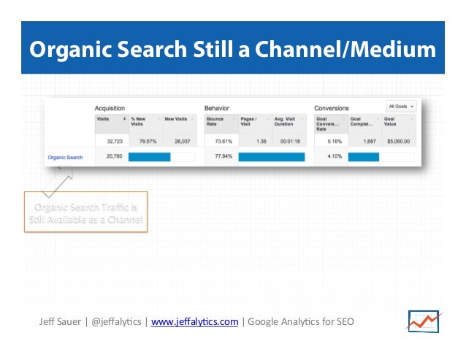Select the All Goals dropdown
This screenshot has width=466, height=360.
[401, 106]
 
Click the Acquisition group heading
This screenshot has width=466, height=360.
[111, 108]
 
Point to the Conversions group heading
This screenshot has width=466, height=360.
[332, 108]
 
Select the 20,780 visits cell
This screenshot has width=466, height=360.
[112, 156]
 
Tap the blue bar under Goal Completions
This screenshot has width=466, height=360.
[364, 156]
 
